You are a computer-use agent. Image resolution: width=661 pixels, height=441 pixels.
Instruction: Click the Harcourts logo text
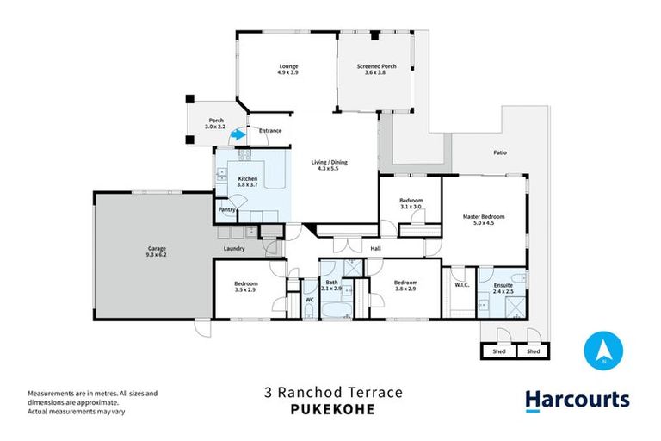[x=578, y=400]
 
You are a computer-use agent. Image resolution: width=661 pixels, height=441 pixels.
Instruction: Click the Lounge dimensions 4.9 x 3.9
[x=287, y=73]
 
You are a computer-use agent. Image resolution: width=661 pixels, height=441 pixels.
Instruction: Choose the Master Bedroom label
[x=483, y=216]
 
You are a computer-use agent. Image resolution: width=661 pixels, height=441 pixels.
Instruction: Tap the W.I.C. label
[x=460, y=283]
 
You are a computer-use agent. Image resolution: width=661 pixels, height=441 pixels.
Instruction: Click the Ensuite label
[x=503, y=283]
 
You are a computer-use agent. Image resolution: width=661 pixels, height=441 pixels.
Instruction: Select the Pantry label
[x=226, y=208]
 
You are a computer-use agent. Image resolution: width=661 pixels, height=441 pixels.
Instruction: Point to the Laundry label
[x=234, y=249]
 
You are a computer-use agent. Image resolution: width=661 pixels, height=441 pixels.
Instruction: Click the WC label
[x=309, y=299]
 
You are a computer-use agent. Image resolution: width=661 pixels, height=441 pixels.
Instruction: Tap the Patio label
[x=500, y=152]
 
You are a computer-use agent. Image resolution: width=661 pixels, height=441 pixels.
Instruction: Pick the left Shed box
[x=498, y=351]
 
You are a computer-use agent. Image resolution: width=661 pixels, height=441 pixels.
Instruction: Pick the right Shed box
[x=533, y=351]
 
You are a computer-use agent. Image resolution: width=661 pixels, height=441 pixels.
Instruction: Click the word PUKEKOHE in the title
[x=330, y=410]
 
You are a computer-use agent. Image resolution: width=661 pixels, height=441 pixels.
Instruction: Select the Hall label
[x=375, y=249]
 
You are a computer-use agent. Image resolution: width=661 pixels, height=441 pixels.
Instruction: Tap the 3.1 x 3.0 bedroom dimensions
[x=411, y=207]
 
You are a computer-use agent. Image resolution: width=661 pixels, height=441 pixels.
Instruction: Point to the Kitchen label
[x=248, y=178]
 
